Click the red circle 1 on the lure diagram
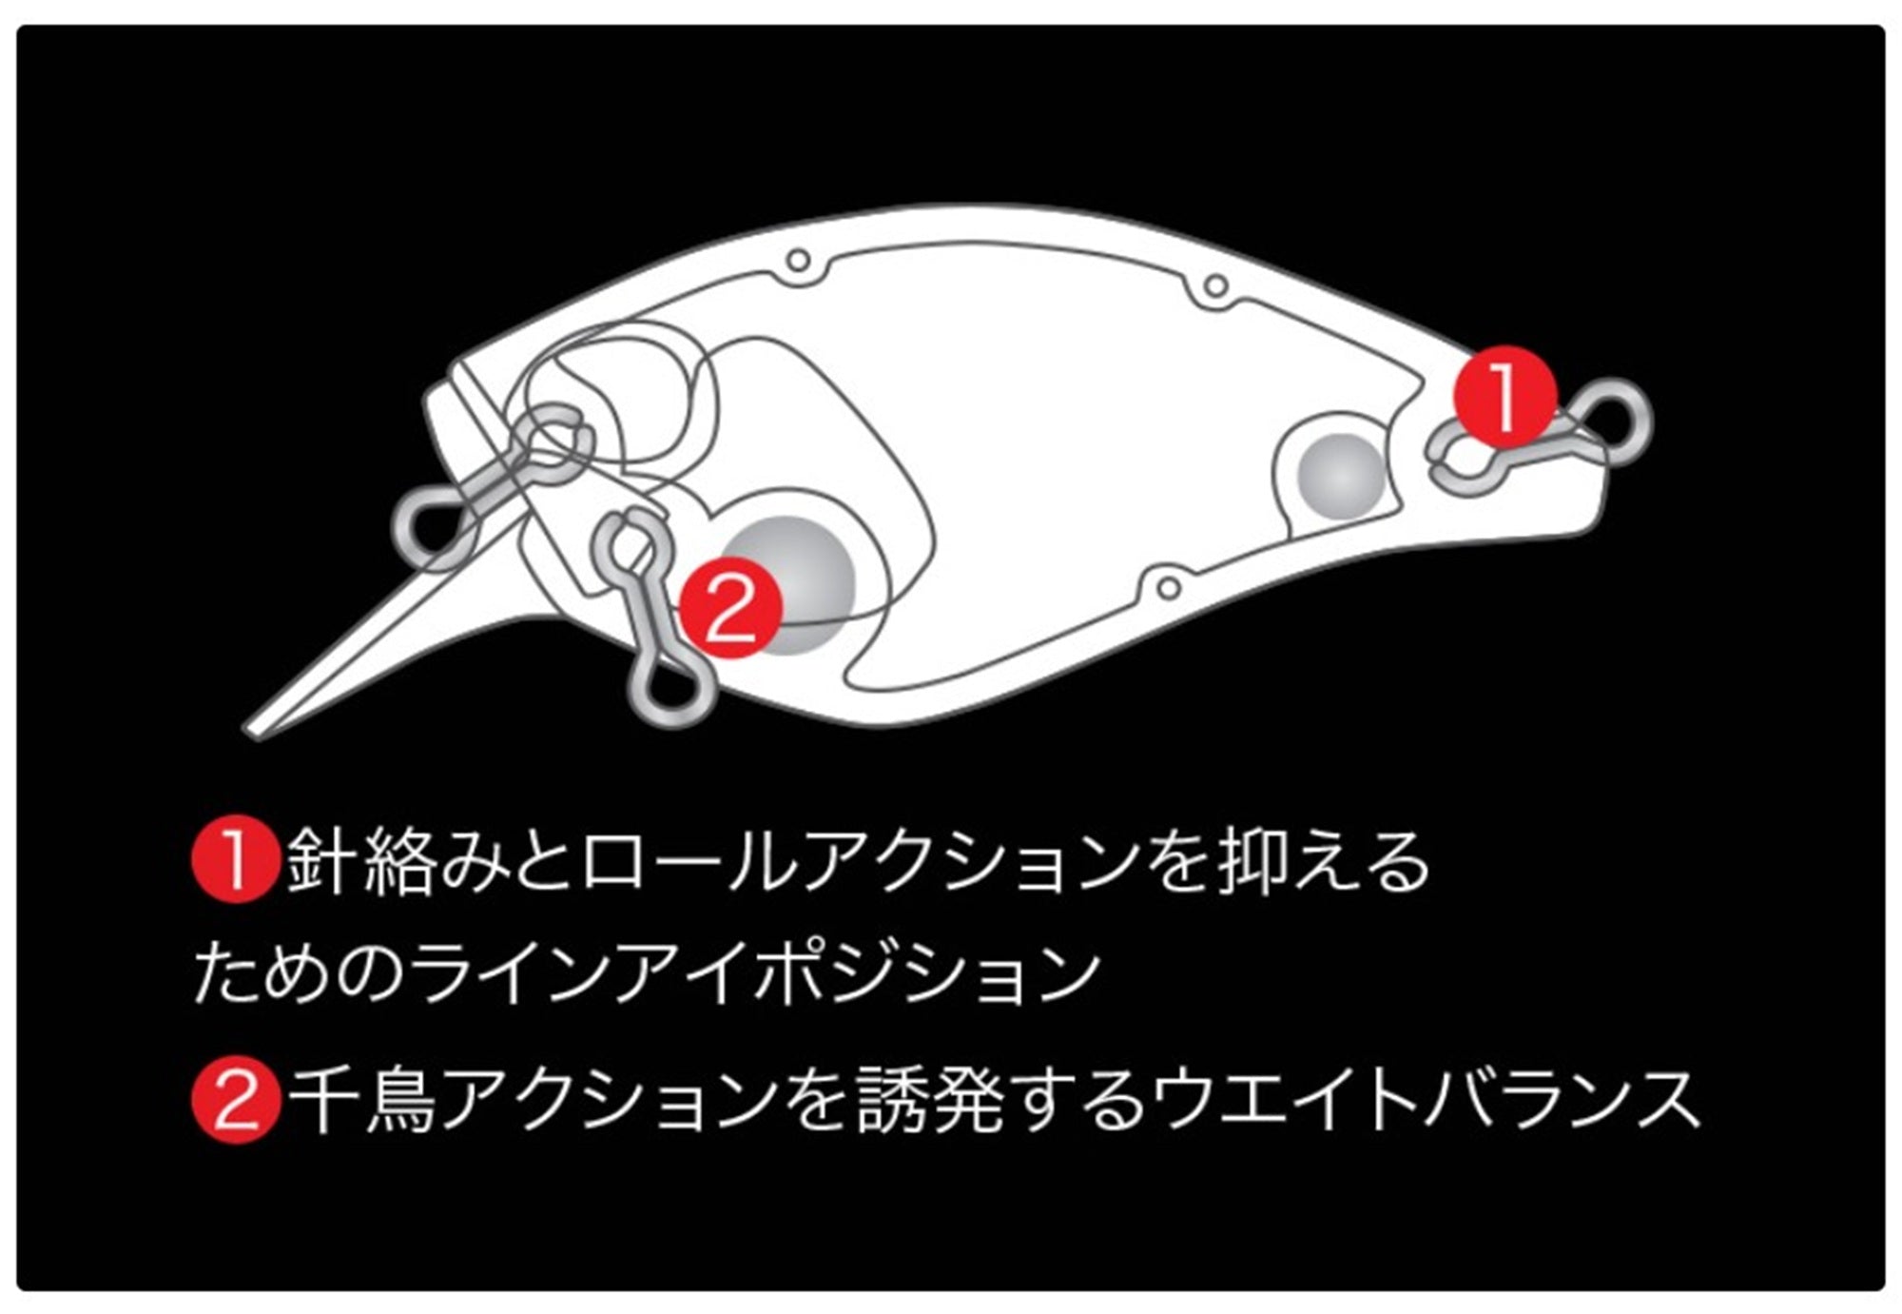coord(1505,395)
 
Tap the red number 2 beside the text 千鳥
coord(235,1099)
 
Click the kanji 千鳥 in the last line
coord(361,1100)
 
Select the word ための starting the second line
coord(300,973)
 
